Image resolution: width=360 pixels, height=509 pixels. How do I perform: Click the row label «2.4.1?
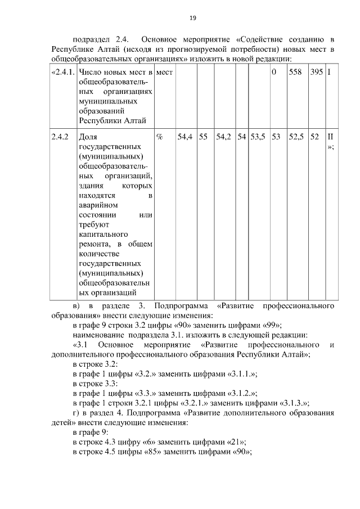coord(62,73)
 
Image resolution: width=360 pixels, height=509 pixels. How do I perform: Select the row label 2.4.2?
coord(60,137)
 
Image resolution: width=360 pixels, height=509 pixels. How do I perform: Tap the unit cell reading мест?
coord(164,73)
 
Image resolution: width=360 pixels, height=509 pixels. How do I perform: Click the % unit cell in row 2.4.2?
coord(159,137)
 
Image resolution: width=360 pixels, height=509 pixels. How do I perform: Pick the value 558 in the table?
coord(295,73)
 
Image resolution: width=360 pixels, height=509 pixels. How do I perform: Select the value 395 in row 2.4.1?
coord(317,73)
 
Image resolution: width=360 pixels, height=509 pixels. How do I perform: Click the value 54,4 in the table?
coord(185,137)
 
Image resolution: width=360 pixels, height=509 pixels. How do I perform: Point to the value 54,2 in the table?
coord(224,137)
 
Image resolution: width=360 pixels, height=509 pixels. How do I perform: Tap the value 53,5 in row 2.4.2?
coord(258,137)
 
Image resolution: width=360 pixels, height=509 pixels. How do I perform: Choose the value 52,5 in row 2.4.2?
coord(296,137)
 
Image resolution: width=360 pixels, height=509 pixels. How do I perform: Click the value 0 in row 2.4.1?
coord(274,73)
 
